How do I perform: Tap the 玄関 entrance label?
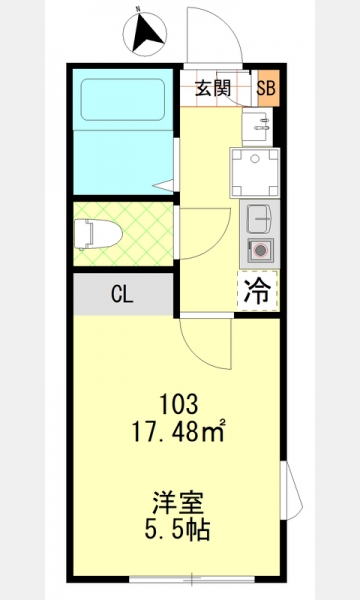pos(213,89)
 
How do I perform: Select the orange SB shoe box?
pos(266,88)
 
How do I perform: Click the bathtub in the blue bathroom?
pos(123,100)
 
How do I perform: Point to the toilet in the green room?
pos(98,234)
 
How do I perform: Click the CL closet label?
pos(122,294)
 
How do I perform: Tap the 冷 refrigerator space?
pos(257,291)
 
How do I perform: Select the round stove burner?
pos(261,250)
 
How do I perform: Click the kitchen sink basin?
pos(259,218)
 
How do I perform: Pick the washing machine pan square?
pos(255,173)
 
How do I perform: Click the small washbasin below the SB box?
pos(257,127)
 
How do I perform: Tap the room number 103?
pos(179,404)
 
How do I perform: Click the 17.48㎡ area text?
pos(178,431)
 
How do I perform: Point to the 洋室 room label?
pos(178,503)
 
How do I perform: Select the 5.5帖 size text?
pos(178,530)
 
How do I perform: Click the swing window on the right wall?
pos(291,491)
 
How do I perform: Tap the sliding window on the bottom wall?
pos(192,579)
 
